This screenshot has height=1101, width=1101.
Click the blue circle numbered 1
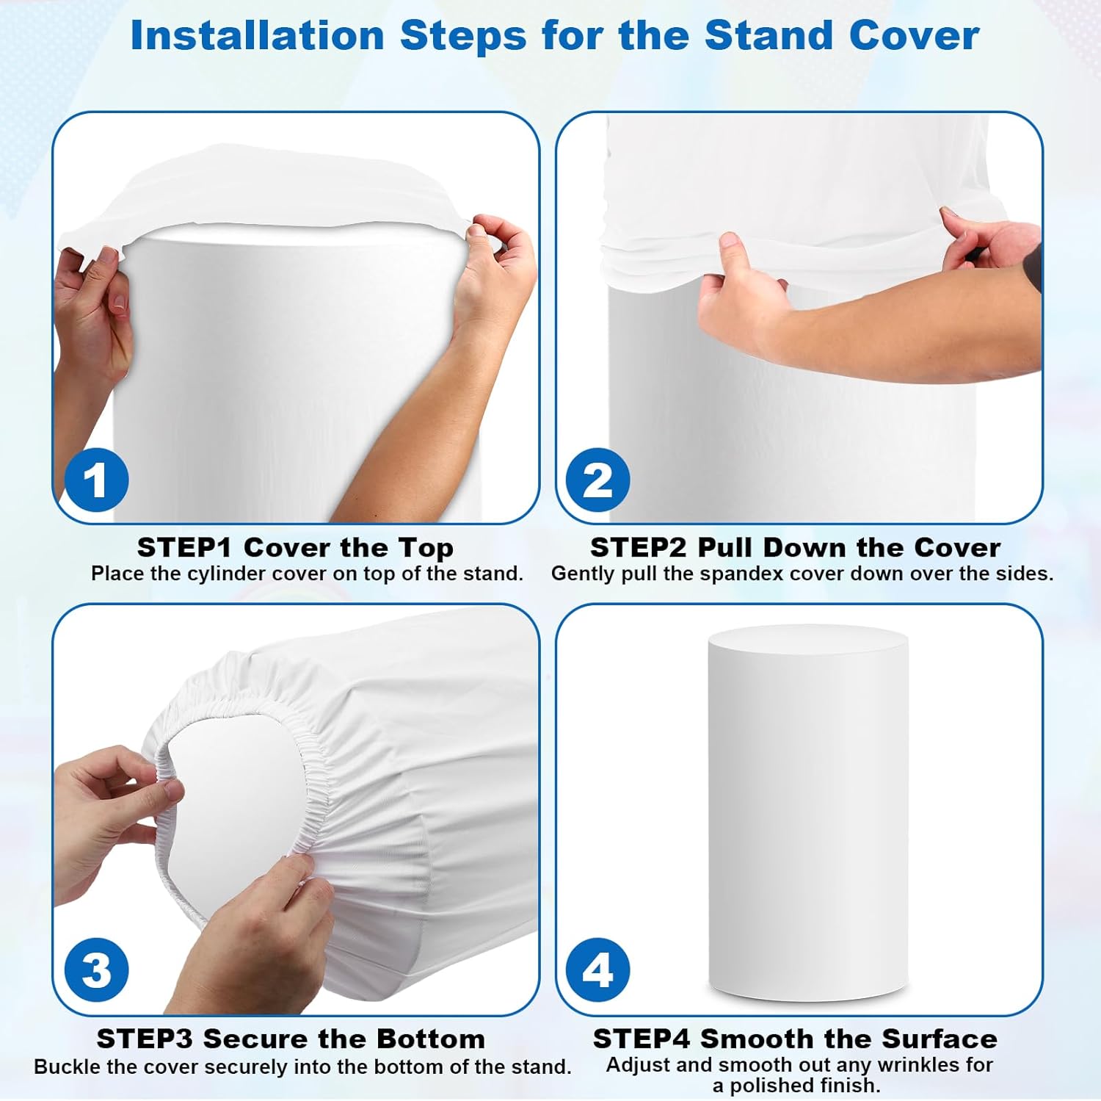pos(96,481)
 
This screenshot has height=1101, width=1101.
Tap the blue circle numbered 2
pos(598,481)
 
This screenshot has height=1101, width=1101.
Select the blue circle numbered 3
pos(96,970)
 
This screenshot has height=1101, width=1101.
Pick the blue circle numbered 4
pos(598,970)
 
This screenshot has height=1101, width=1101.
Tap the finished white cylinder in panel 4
pos(808,808)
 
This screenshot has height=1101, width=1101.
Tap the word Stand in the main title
pos(769,35)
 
